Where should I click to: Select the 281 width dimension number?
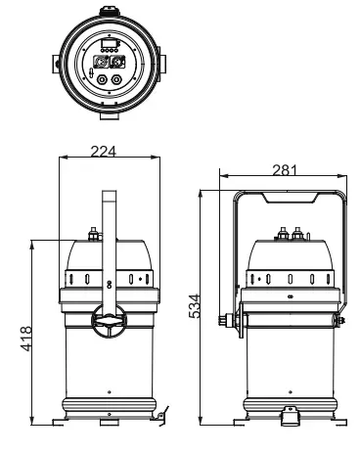pyautogui.click(x=285, y=170)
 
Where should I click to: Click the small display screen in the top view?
pyautogui.click(x=106, y=46)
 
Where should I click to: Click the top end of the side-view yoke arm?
pyautogui.click(x=108, y=193)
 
